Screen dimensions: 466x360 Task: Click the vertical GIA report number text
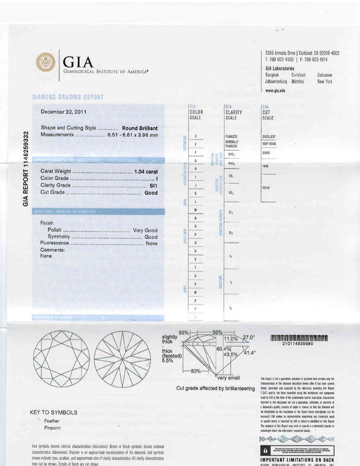(x=26, y=168)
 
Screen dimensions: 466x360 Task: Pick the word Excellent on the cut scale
(x=269, y=137)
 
